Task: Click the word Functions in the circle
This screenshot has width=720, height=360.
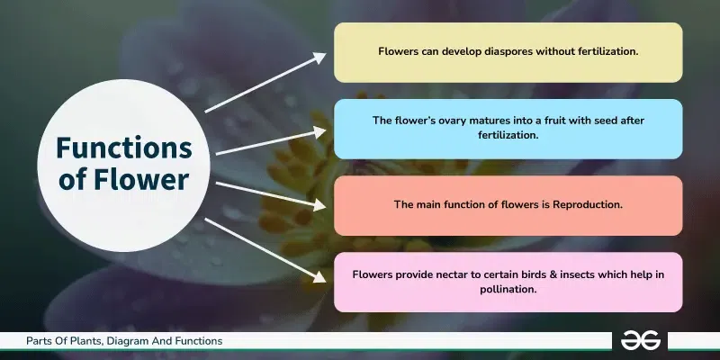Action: click(x=124, y=148)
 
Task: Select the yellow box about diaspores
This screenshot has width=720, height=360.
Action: click(x=508, y=52)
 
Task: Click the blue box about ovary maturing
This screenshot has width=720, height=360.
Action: click(x=508, y=129)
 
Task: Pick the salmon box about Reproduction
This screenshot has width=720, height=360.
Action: click(x=508, y=205)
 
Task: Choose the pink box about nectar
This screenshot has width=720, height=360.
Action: click(x=508, y=282)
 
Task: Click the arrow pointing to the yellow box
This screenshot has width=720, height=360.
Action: click(x=266, y=83)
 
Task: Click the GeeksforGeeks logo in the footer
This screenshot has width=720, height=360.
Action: click(x=641, y=341)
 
